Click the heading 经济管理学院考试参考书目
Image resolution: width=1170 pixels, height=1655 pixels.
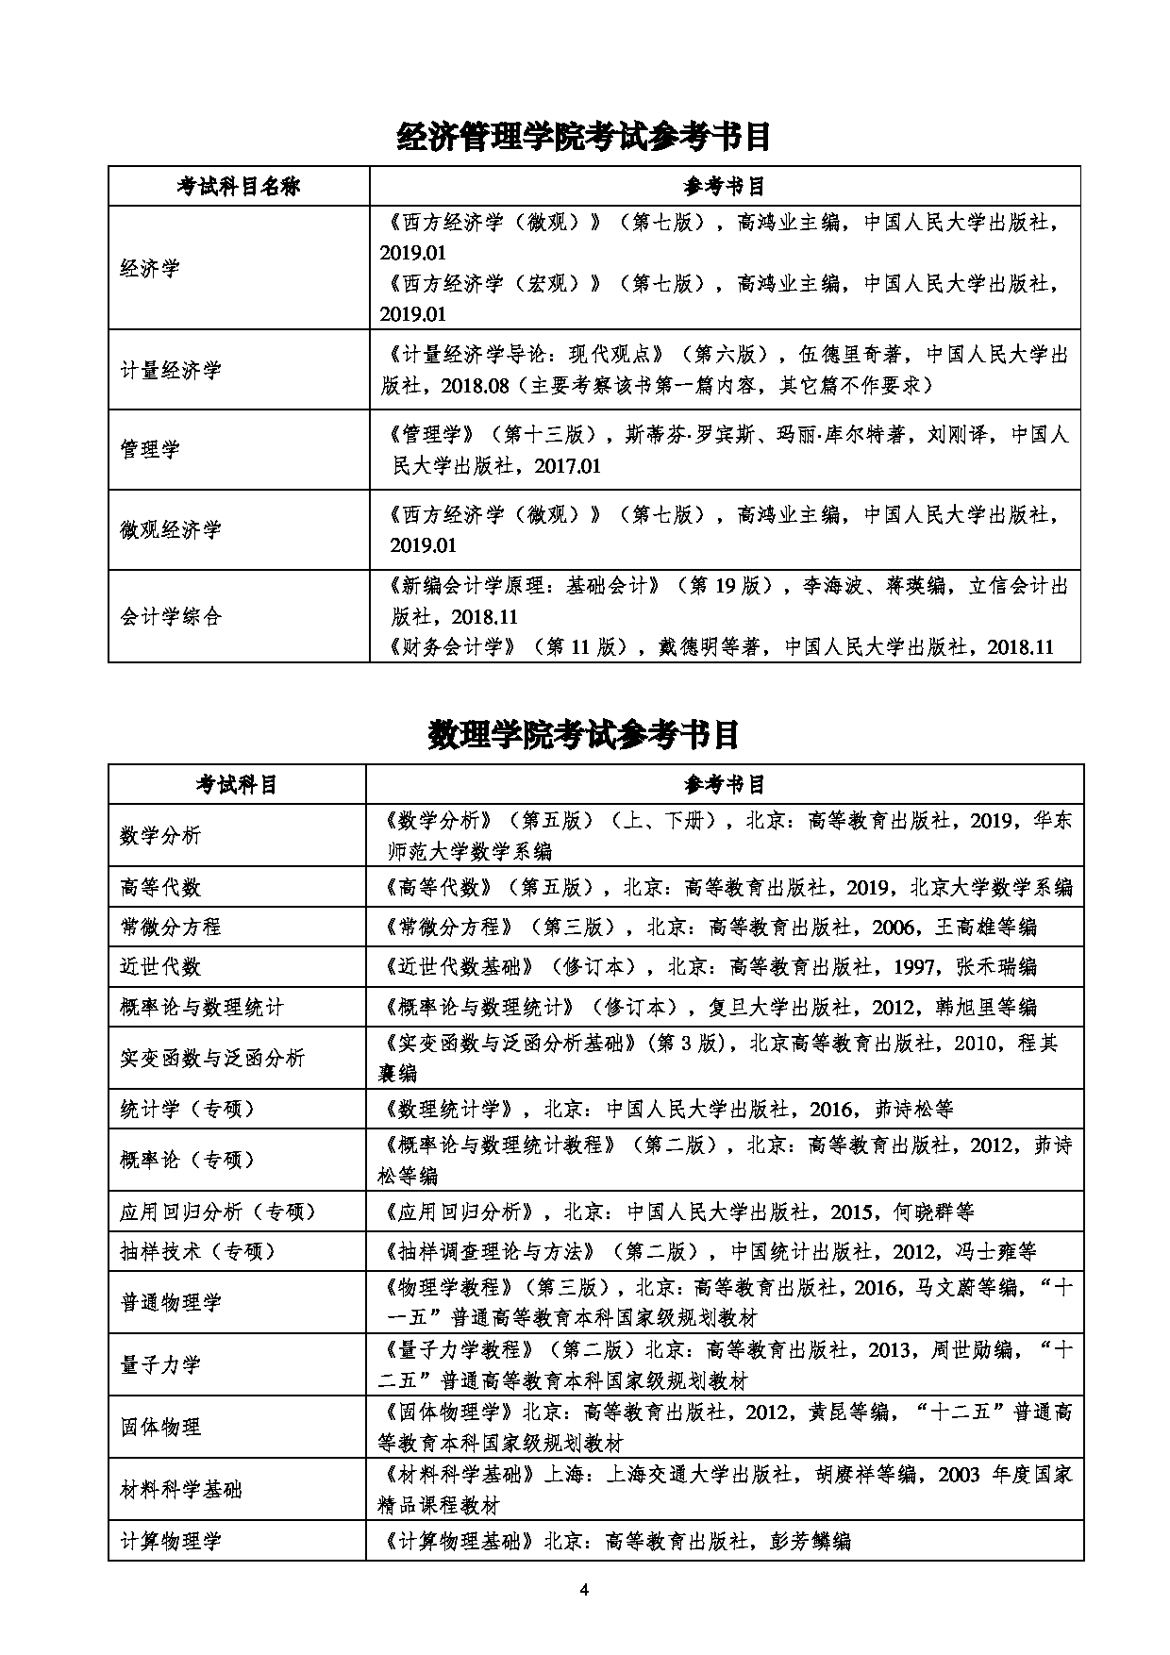click(584, 137)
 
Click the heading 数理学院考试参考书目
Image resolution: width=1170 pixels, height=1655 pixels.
click(584, 734)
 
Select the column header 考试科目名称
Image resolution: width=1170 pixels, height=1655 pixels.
click(238, 186)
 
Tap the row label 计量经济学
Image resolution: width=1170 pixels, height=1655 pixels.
click(170, 370)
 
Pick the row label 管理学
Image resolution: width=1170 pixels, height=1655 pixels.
click(150, 449)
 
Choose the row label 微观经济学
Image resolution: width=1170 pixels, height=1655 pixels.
click(170, 529)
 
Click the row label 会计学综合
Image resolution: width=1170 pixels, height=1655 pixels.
click(170, 616)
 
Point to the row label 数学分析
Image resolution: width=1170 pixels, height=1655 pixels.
click(160, 835)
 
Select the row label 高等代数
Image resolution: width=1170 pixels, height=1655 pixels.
click(160, 887)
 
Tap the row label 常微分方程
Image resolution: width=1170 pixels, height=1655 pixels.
click(170, 927)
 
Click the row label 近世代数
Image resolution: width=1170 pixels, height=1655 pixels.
click(160, 966)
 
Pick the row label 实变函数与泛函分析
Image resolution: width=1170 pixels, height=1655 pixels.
click(212, 1058)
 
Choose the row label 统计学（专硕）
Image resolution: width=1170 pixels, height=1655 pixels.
click(189, 1109)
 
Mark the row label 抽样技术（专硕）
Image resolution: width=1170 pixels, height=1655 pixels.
click(198, 1251)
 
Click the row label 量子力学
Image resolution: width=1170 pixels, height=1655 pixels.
click(160, 1364)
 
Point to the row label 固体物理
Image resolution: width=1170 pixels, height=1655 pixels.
click(160, 1427)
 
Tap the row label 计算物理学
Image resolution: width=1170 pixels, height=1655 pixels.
click(170, 1542)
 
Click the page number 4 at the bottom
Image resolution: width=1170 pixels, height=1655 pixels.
click(584, 1591)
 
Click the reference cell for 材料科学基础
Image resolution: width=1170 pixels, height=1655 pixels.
click(724, 1489)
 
